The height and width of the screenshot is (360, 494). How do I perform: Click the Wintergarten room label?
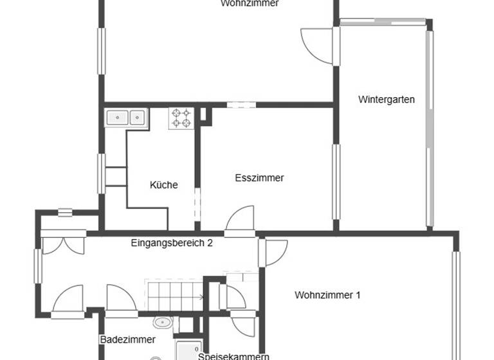(386, 100)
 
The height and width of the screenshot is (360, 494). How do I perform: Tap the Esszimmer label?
(259, 178)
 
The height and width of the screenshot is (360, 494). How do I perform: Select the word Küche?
(163, 185)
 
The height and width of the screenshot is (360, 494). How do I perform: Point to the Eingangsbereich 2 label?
(172, 243)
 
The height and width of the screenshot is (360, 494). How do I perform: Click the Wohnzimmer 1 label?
(327, 295)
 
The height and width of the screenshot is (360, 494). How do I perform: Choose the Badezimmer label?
(127, 339)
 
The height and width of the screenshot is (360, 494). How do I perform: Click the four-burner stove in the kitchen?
(181, 118)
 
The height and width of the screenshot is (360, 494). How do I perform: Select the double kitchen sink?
(127, 118)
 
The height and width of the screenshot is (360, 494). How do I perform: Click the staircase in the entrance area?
(174, 296)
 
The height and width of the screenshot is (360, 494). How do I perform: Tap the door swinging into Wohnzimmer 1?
(275, 253)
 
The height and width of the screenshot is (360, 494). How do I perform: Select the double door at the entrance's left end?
(62, 246)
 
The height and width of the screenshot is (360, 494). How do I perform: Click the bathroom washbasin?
(161, 322)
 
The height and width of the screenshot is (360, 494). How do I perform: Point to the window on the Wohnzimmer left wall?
(101, 51)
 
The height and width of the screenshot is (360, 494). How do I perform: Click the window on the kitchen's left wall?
(101, 173)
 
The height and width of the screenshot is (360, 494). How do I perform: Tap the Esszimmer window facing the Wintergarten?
(335, 182)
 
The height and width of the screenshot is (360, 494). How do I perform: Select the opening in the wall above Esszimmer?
(241, 104)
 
